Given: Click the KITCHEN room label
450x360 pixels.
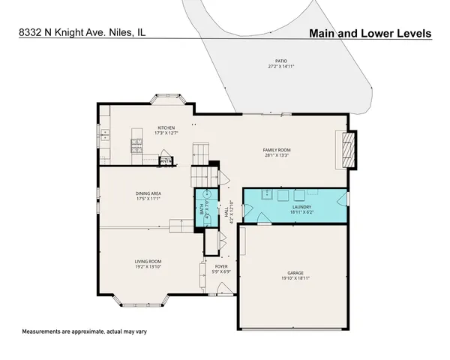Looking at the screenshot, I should [165, 127].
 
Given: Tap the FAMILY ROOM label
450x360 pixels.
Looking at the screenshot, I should [276, 150].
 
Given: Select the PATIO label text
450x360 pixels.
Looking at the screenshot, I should [280, 61].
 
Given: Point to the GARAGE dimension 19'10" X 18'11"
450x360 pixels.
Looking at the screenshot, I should [294, 277].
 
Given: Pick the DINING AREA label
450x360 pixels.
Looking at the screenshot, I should [150, 193].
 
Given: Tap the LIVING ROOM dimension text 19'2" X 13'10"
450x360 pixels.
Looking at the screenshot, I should [148, 266].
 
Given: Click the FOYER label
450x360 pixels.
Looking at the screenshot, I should [221, 266].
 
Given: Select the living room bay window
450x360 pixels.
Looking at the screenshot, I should [147, 302].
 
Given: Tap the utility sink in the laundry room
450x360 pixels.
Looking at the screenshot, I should [267, 196].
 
